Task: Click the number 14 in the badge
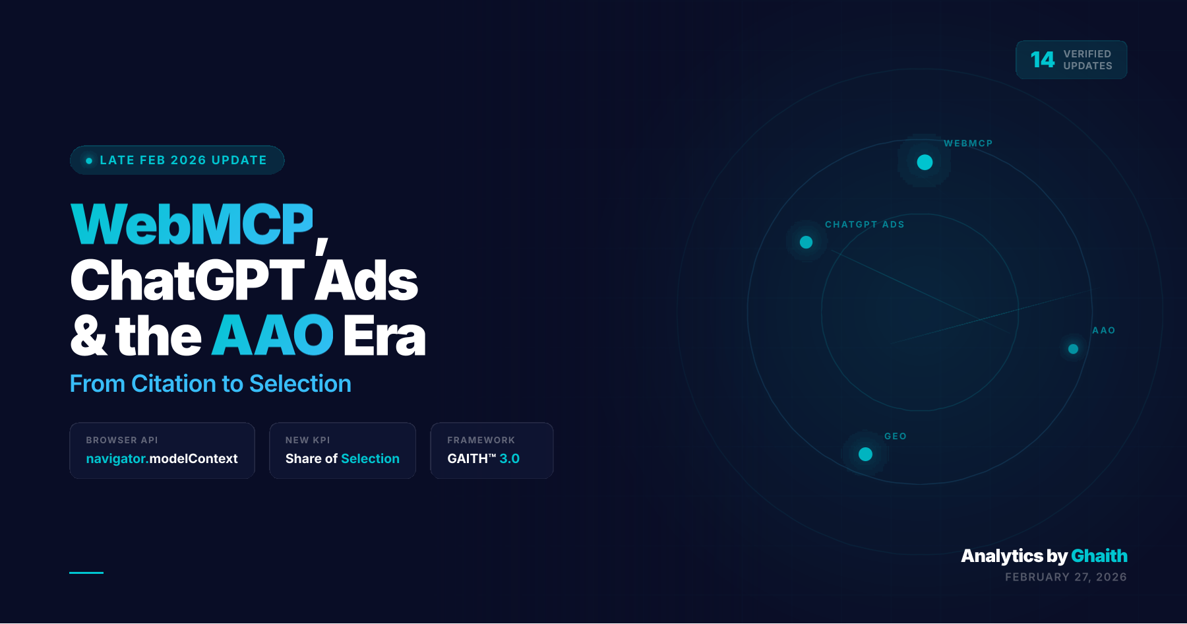point(1042,60)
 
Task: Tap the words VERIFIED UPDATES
point(1087,60)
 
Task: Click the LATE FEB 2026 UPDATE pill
point(177,160)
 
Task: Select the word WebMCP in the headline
point(192,225)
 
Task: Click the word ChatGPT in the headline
point(187,281)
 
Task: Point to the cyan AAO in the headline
point(272,336)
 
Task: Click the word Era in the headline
point(384,336)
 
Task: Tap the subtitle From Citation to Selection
point(210,384)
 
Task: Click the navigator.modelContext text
point(162,458)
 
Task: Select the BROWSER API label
point(122,440)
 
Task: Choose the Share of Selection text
point(342,458)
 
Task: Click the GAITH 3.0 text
point(483,458)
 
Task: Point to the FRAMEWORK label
point(481,440)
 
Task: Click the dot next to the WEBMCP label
point(925,162)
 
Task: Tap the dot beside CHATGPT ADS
point(806,242)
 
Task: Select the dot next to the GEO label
point(865,454)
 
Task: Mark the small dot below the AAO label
point(1073,349)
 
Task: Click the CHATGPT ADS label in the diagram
point(865,224)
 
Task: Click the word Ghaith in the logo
point(1099,556)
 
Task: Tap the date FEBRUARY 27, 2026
point(1066,577)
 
